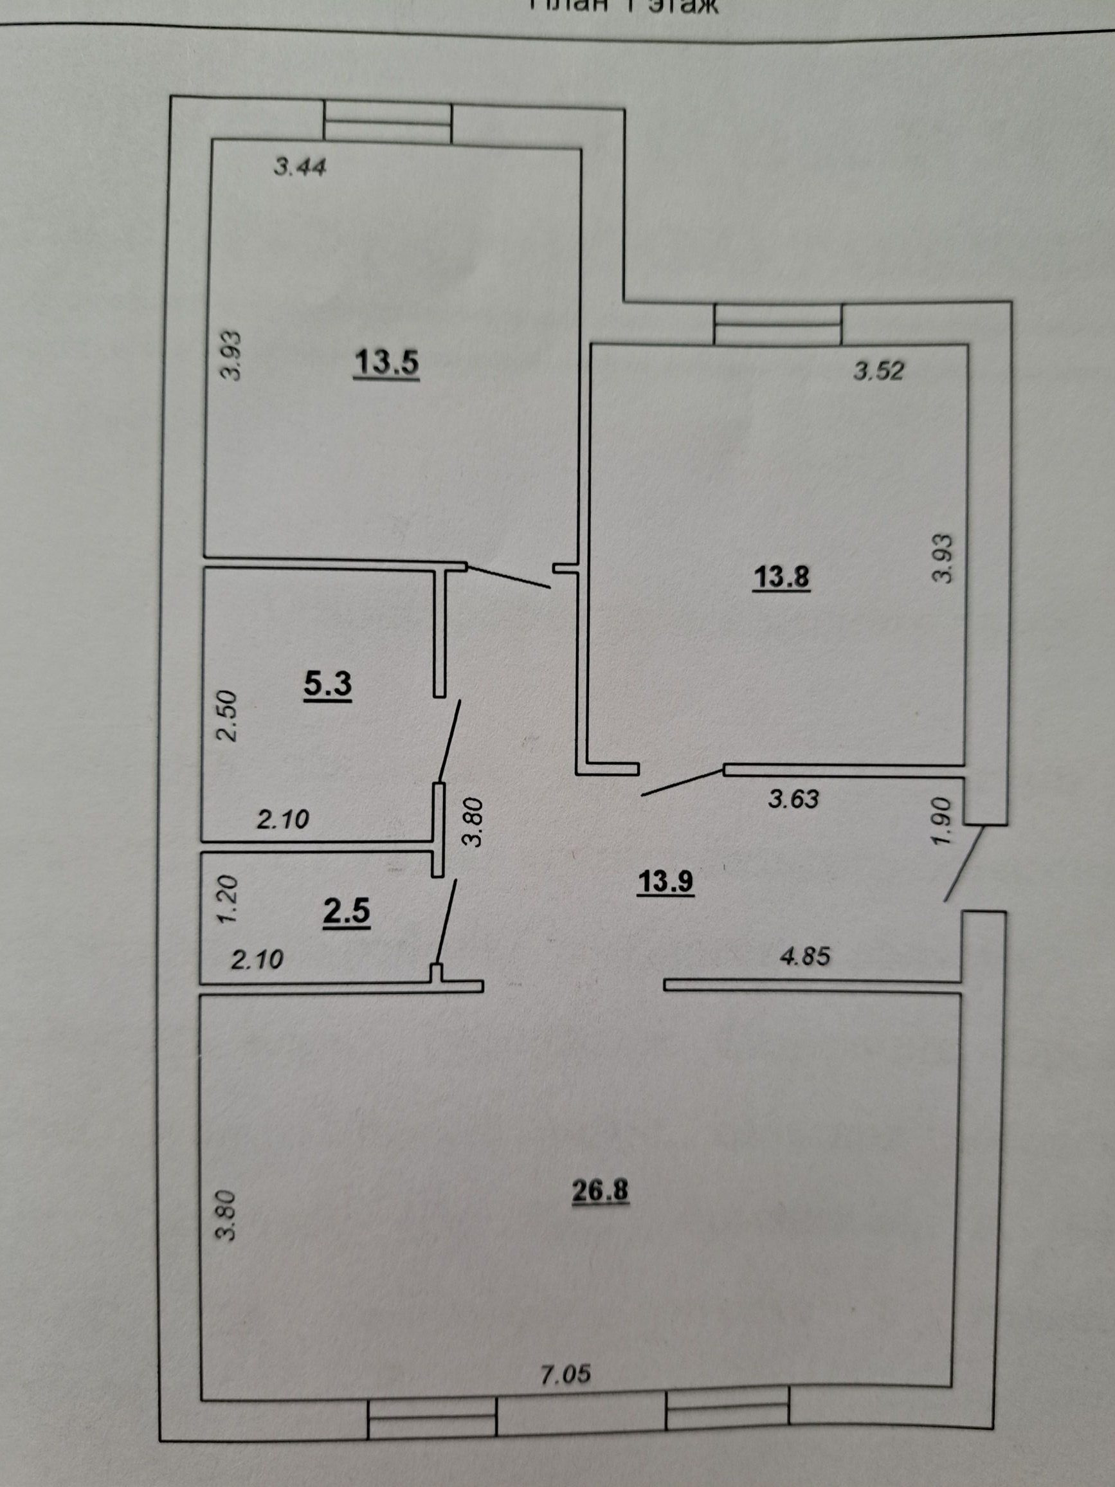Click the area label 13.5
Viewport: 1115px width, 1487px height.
coord(386,363)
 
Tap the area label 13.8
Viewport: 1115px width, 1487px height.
coord(782,578)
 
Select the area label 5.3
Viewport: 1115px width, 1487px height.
coord(328,684)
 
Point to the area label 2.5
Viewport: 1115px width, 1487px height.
coord(347,911)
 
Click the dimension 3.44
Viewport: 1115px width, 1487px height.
coord(300,166)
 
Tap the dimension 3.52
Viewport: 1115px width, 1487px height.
coord(879,370)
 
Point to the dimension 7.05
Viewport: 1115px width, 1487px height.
coord(566,1374)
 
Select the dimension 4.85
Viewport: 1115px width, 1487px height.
coord(805,955)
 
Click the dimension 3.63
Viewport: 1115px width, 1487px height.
coord(793,799)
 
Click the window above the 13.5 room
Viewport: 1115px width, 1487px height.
coord(387,122)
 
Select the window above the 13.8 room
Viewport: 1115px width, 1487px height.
coord(777,324)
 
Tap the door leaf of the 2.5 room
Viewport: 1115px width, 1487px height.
coord(446,922)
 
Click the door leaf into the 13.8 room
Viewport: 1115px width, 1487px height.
coord(682,782)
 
